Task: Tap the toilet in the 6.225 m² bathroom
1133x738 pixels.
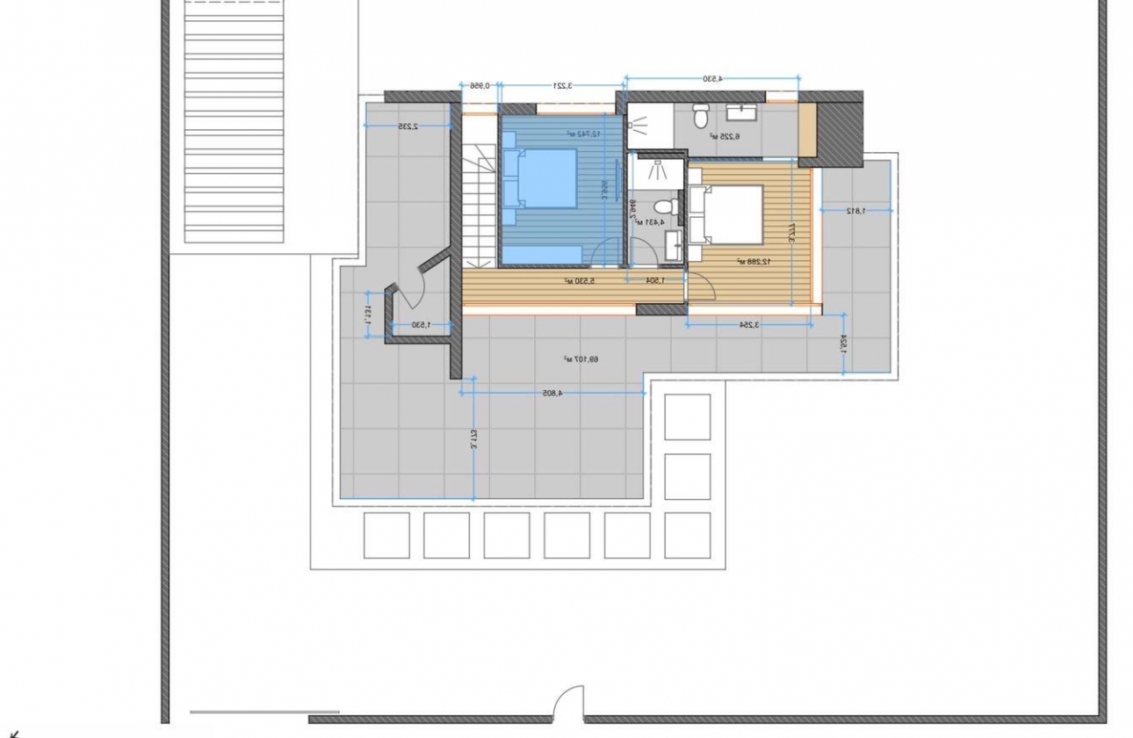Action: (701, 115)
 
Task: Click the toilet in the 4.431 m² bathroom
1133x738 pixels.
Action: (665, 206)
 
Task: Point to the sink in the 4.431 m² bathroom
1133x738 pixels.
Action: (675, 246)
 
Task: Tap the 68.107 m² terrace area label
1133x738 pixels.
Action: (581, 358)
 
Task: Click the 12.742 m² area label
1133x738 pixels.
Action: (582, 134)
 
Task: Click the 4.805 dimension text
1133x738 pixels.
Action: (547, 393)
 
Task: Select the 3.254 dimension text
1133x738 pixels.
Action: (748, 324)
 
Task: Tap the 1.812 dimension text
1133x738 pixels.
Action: (855, 210)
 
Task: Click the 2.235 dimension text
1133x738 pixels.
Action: (406, 126)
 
